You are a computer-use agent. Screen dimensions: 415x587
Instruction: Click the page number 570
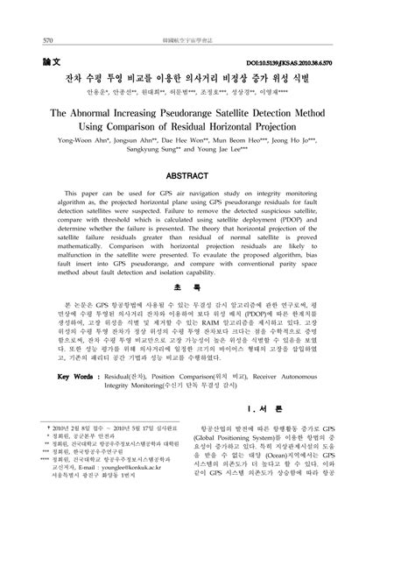47,40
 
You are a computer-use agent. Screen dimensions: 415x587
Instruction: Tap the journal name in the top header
207,40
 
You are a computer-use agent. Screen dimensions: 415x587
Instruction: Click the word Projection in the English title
310,132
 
